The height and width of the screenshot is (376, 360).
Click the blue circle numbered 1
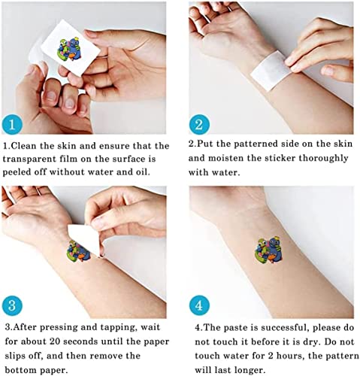12,125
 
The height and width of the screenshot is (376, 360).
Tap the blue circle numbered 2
199,125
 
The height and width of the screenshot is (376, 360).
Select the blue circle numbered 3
12,305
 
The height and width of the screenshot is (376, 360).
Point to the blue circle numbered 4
199,305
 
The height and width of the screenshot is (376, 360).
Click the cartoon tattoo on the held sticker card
68,50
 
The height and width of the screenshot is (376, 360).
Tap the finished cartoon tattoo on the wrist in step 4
268,250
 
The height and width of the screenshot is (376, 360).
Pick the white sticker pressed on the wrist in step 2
271,70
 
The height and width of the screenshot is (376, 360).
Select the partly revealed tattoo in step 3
78,251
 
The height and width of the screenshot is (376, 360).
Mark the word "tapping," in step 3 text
118,328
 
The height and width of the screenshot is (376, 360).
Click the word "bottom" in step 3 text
20,370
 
